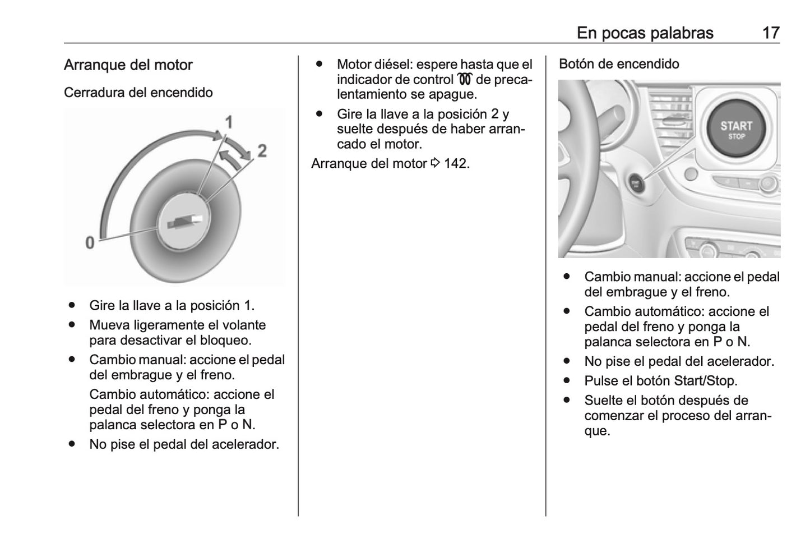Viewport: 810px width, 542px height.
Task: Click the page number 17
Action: point(771,33)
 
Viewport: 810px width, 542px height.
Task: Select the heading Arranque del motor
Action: point(128,65)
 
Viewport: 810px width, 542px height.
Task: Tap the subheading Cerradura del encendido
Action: point(138,93)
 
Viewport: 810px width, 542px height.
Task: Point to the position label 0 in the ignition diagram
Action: point(90,243)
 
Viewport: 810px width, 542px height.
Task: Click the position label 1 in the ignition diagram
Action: point(229,122)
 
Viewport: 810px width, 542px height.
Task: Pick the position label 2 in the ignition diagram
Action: point(262,150)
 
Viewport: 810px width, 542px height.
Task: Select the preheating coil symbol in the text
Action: point(465,80)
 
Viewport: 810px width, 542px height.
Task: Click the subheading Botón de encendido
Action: point(619,64)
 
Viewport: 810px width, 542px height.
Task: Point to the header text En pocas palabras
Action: point(645,33)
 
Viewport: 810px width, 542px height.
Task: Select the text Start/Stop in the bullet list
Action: point(705,381)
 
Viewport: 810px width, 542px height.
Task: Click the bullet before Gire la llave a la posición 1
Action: point(72,306)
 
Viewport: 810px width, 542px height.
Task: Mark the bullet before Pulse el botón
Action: point(567,381)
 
